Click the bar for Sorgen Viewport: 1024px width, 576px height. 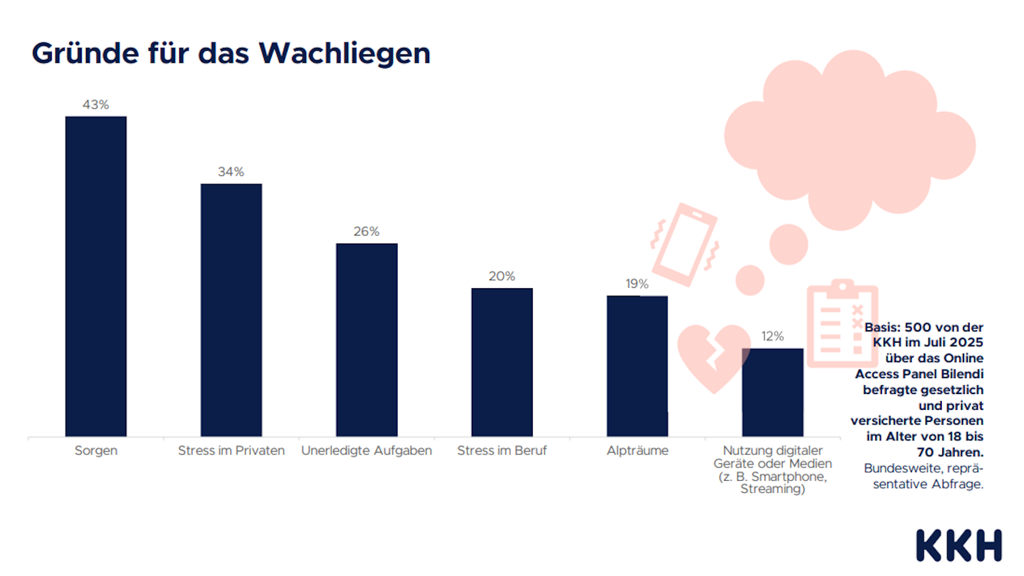[96, 276]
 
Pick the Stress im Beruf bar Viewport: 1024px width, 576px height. [502, 362]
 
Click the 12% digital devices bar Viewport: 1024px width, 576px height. [772, 392]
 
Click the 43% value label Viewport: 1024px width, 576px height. [96, 105]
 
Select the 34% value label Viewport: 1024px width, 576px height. [231, 172]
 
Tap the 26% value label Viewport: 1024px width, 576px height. [367, 232]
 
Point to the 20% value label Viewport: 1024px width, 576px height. [502, 276]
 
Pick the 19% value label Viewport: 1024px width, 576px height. [637, 284]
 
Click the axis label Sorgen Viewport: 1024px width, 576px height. [96, 451]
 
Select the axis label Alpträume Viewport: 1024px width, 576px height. [637, 451]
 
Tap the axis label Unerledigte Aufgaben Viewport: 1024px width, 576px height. [367, 451]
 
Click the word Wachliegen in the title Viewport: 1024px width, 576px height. [344, 54]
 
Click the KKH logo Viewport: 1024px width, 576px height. [959, 545]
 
